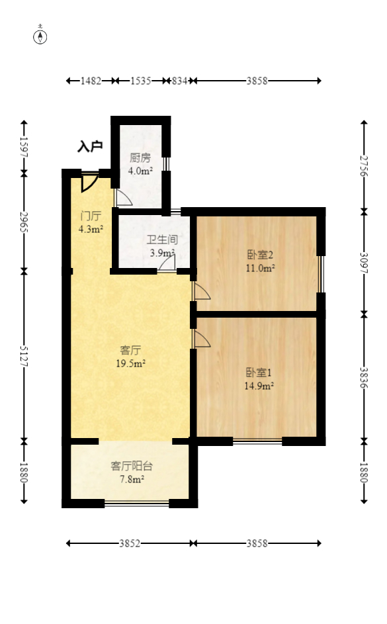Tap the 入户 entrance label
click(90, 146)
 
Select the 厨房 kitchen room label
click(140, 158)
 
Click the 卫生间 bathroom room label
click(162, 240)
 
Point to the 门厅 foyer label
click(91, 216)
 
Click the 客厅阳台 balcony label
click(132, 466)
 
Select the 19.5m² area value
click(132, 363)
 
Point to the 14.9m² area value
click(259, 386)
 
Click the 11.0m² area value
click(259, 268)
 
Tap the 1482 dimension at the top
click(91, 81)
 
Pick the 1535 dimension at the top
click(140, 81)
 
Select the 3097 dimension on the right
click(363, 262)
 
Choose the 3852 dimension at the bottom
click(130, 543)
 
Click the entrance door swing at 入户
click(88, 181)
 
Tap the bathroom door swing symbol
click(167, 263)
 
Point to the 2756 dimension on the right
click(363, 165)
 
